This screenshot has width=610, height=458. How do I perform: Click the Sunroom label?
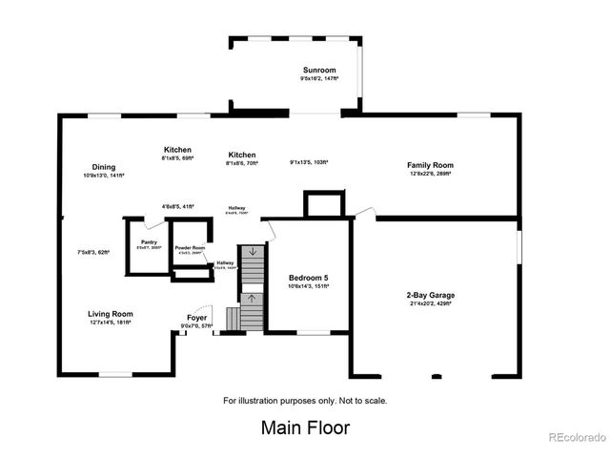coord(318,71)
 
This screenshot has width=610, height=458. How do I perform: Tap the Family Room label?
coord(430,165)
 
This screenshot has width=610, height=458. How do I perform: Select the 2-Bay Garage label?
coord(430,296)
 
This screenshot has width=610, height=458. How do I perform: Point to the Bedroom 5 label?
coord(310,278)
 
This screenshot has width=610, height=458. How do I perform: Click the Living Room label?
coord(111,314)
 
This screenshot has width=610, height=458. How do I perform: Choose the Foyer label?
coord(197,318)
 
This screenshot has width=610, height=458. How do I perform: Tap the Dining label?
coord(104,167)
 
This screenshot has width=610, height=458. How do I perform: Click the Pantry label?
coord(149,242)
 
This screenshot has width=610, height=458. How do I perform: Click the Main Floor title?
coord(305,427)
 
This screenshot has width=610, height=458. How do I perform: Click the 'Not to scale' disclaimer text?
coord(305,400)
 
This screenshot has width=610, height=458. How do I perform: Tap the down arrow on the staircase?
coord(253,252)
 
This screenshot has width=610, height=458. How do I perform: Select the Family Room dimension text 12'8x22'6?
coord(430,174)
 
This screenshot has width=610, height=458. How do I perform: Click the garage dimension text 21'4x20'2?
coord(430,304)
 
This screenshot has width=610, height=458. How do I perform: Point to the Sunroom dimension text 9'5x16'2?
coord(318,79)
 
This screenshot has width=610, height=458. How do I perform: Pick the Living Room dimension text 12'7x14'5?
coord(111,323)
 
